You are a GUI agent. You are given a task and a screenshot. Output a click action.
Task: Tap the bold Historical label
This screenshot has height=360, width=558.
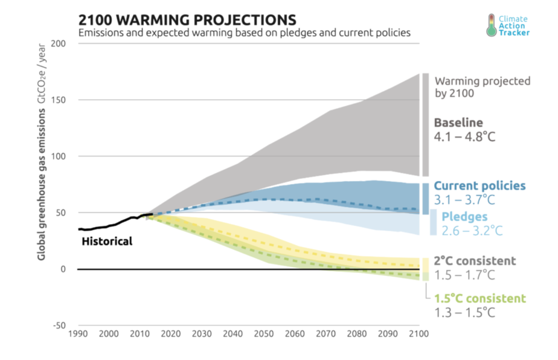(106, 242)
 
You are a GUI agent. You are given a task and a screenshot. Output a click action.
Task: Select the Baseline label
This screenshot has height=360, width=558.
(458, 123)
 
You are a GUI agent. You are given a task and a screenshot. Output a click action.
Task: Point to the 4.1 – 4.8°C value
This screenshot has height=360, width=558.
(465, 137)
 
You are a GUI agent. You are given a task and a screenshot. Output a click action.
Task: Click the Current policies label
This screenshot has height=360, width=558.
(480, 185)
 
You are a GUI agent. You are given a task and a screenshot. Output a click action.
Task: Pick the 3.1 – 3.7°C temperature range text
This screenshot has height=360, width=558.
(465, 199)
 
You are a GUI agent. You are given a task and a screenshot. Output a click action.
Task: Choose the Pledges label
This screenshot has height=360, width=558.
(464, 216)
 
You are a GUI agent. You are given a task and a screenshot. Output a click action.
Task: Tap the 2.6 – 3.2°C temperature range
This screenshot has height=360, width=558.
(472, 230)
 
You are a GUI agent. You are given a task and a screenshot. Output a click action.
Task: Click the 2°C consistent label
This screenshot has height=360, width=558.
(475, 261)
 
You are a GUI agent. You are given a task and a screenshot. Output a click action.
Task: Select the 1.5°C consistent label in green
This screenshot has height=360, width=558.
(480, 298)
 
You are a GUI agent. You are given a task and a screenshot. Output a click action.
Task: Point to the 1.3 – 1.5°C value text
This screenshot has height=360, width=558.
(465, 312)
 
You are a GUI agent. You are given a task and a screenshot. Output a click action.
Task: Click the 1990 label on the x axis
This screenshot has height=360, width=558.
(77, 333)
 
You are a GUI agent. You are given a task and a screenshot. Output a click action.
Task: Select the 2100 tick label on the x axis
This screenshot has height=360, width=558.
(419, 333)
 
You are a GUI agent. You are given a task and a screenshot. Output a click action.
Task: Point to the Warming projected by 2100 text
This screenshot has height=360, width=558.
(483, 87)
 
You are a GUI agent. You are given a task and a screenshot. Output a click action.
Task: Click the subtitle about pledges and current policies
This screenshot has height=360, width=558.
(245, 32)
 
